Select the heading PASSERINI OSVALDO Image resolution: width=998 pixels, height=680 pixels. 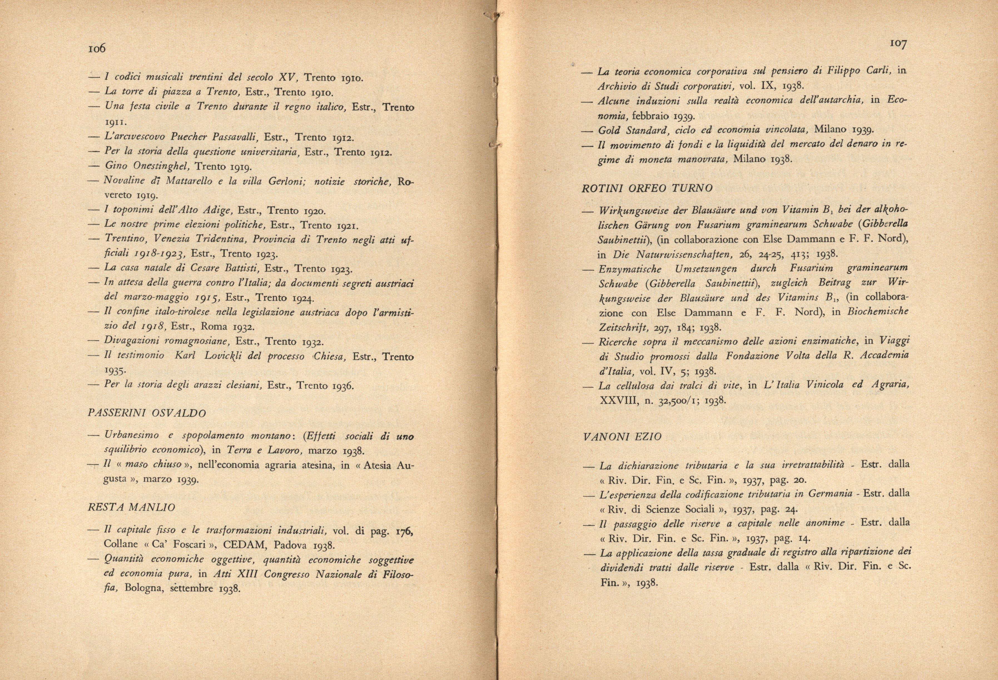[x=147, y=414]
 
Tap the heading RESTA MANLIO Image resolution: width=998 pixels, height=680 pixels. [x=131, y=507]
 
